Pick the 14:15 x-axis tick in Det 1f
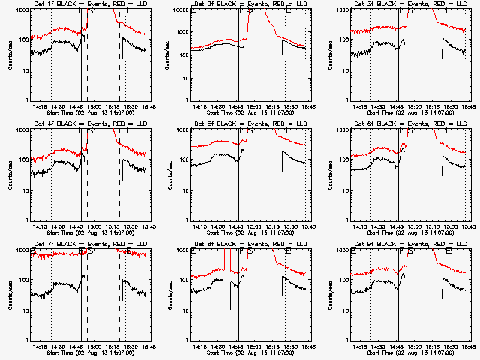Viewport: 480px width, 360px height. coord(41,107)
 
